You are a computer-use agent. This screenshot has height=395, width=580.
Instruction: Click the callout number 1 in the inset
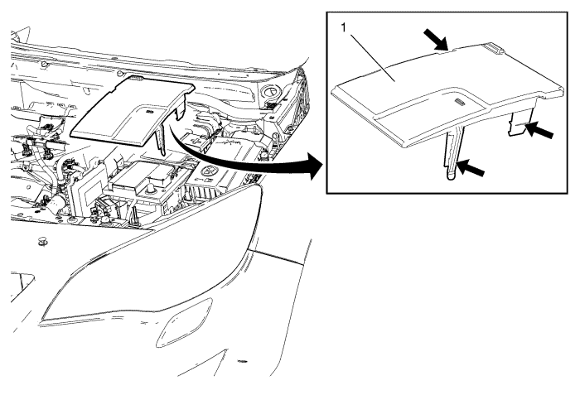tap(344, 27)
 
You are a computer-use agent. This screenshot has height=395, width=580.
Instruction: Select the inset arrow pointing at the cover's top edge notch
tap(436, 40)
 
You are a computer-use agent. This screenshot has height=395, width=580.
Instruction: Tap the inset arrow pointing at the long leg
tap(470, 167)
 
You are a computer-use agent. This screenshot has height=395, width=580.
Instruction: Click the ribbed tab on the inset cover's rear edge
tap(494, 47)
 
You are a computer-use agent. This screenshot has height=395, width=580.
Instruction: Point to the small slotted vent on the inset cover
tap(460, 102)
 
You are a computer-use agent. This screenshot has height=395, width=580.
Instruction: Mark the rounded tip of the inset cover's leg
tap(452, 176)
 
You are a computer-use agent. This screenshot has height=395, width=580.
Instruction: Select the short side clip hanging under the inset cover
tap(520, 123)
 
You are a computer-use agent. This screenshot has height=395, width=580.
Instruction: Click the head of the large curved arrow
tap(313, 166)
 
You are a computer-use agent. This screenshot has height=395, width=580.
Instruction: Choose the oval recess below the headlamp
tap(184, 322)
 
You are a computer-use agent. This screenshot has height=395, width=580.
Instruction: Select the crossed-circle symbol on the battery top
tap(210, 170)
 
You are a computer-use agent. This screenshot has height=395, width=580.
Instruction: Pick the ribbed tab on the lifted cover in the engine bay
tap(137, 79)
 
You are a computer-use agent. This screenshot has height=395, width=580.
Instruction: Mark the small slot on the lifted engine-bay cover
tap(150, 111)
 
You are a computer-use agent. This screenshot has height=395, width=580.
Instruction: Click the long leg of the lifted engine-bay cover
tap(162, 138)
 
